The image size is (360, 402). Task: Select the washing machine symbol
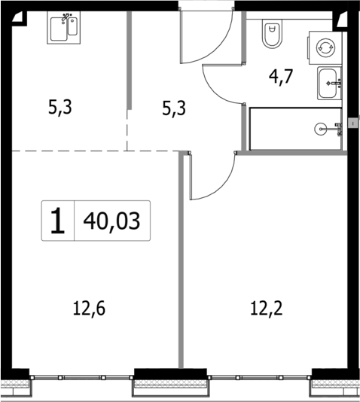click(x=325, y=47)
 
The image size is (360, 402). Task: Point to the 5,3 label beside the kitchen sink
click(x=61, y=108)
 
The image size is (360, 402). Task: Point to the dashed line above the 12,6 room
click(x=68, y=150)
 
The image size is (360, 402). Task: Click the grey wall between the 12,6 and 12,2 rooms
click(x=181, y=263)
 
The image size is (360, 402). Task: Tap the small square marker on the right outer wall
click(x=353, y=120)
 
